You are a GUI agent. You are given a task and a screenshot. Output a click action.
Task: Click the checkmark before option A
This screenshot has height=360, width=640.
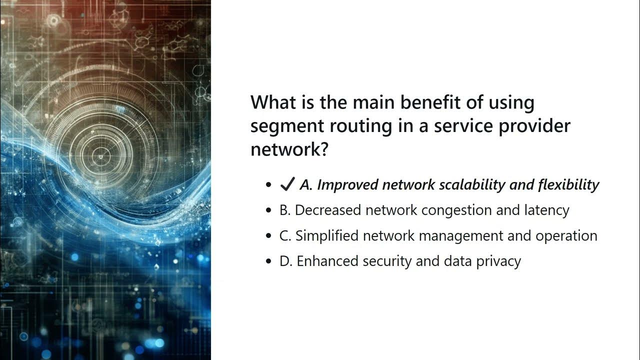(287, 185)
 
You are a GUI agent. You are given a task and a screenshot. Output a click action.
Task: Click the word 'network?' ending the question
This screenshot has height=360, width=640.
(289, 148)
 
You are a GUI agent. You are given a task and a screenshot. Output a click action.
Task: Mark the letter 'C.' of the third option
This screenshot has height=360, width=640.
(285, 236)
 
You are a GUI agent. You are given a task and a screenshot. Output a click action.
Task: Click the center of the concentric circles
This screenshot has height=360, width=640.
(100, 157)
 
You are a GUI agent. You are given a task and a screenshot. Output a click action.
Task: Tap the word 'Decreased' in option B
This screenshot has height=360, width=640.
(328, 210)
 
